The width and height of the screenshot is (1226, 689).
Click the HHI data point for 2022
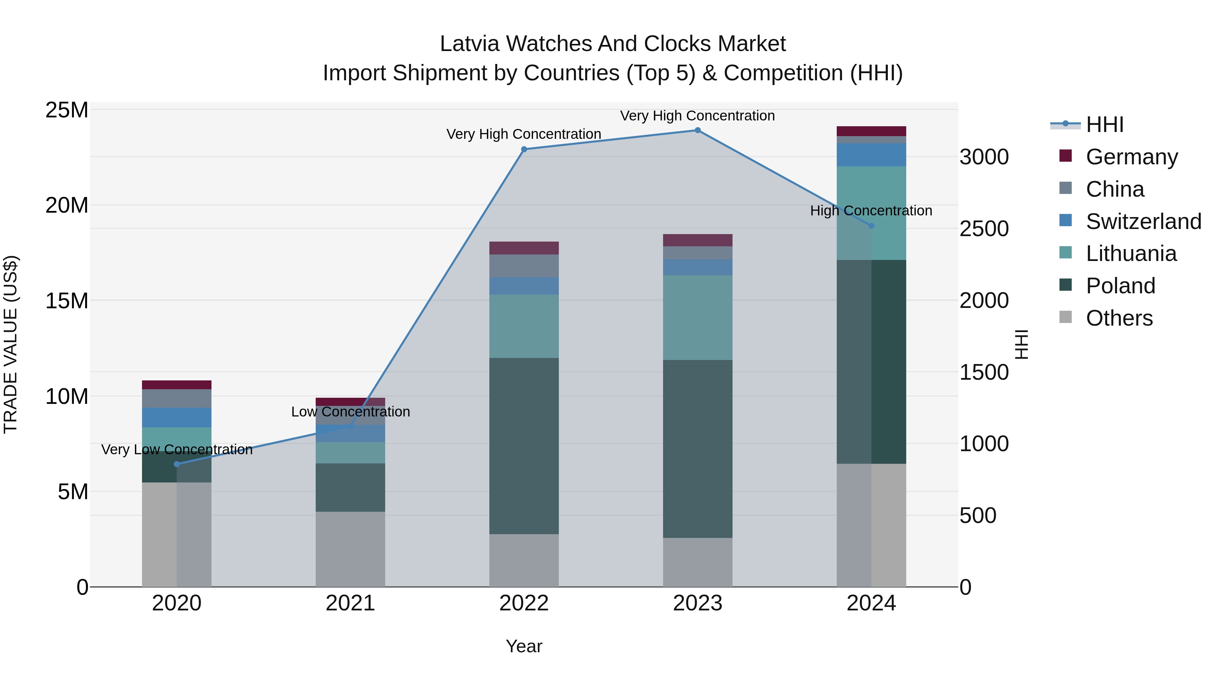click(524, 149)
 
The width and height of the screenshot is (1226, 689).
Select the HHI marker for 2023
click(698, 130)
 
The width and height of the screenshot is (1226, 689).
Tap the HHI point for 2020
click(176, 464)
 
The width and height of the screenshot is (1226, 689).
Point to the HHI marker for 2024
click(871, 226)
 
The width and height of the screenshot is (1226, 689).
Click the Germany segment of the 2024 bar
click(871, 131)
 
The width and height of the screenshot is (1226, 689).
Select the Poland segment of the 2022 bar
click(524, 446)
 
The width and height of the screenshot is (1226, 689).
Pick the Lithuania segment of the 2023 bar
click(698, 318)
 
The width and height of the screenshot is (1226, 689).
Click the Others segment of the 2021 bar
click(350, 549)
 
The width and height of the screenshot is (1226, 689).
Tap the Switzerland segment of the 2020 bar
click(176, 417)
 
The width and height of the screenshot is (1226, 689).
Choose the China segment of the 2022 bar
click(524, 266)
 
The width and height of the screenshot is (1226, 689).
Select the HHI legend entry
click(1104, 125)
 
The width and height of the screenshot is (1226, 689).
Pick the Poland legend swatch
click(1066, 285)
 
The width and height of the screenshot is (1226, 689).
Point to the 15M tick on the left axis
click(67, 301)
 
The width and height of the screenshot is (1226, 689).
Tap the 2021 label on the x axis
click(350, 603)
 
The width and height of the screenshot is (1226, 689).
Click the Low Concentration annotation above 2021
click(350, 412)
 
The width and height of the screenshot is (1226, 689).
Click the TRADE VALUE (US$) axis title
click(11, 344)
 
